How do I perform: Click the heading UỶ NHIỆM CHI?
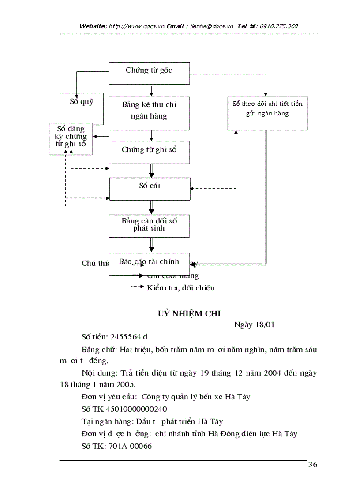[189, 313]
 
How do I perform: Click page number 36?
[312, 465]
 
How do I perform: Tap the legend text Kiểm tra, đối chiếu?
[180, 288]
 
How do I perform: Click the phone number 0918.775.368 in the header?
[279, 26]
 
